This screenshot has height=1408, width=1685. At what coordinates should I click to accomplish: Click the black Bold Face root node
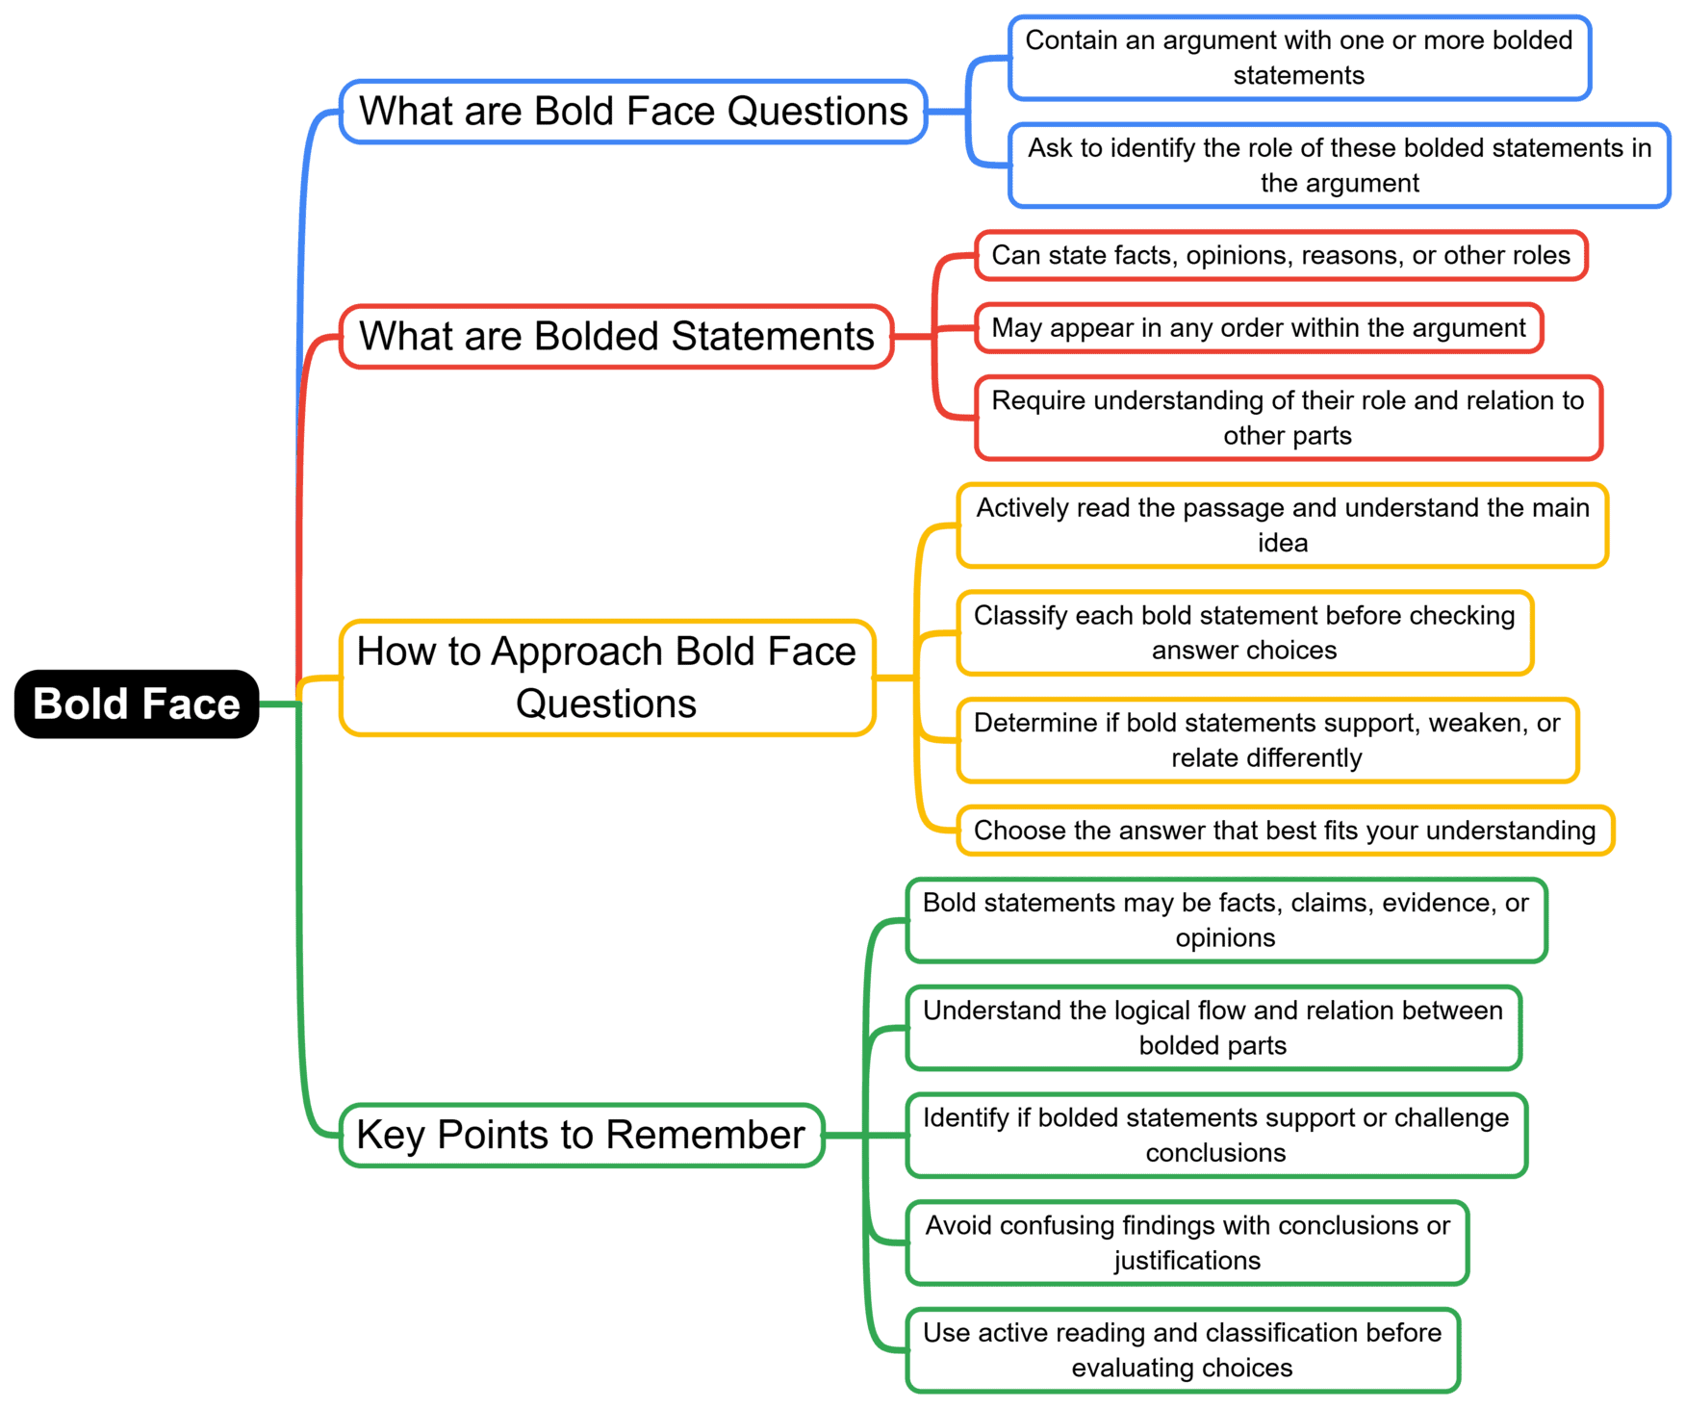(x=137, y=704)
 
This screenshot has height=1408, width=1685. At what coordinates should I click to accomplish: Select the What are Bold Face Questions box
(x=632, y=112)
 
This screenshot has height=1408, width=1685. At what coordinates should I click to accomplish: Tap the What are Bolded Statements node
(x=616, y=337)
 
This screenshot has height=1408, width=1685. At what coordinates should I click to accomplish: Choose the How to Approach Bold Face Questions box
(x=606, y=678)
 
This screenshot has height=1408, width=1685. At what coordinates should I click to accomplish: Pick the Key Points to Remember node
(x=581, y=1135)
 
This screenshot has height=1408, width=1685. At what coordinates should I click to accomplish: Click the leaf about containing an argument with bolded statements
(x=1298, y=58)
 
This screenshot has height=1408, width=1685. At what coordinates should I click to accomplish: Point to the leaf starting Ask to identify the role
(x=1339, y=165)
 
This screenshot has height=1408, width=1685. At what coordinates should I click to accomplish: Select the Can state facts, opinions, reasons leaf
(x=1280, y=255)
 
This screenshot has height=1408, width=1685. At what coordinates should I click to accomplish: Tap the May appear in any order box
(x=1258, y=328)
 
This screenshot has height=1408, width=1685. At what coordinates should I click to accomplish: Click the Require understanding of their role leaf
(x=1288, y=418)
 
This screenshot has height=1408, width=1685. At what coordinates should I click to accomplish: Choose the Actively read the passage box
(x=1282, y=525)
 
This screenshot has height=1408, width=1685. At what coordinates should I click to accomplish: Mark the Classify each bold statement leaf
(x=1244, y=632)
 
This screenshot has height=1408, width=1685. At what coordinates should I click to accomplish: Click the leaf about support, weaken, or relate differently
(x=1266, y=740)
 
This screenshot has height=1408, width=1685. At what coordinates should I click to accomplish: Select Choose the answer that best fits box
(x=1284, y=831)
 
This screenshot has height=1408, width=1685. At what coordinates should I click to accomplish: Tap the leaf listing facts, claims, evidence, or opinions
(x=1225, y=920)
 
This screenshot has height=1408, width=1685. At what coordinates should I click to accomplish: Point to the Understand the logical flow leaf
(x=1213, y=1028)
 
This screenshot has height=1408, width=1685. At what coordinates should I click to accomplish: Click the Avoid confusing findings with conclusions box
(x=1187, y=1242)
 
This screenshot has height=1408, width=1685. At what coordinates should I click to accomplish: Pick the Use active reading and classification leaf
(x=1182, y=1350)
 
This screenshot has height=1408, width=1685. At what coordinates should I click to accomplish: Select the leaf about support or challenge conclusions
(x=1215, y=1135)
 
